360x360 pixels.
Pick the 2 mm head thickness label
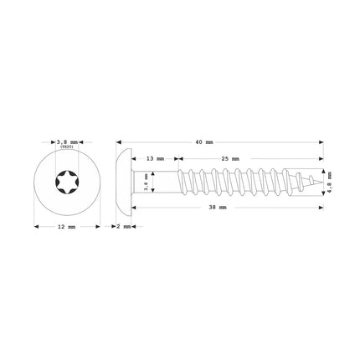[x=123, y=227]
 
